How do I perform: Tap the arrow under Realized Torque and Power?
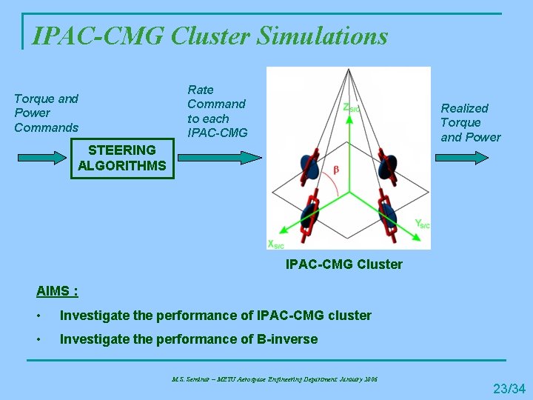click(462, 158)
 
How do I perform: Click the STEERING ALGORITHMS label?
click(122, 157)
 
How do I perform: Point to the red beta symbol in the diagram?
click(337, 170)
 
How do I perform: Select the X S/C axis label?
click(276, 244)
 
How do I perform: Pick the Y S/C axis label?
click(421, 223)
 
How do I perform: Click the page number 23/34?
click(509, 388)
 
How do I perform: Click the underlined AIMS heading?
click(58, 290)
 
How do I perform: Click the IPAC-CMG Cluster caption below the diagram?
click(344, 264)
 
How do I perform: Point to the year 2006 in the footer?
click(370, 379)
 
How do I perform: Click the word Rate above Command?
click(201, 90)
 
